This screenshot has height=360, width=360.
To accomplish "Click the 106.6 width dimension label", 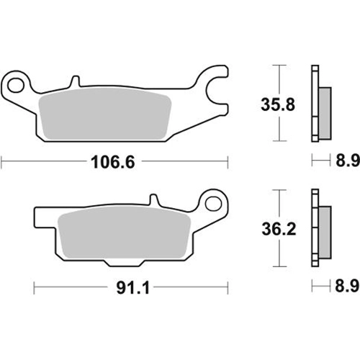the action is click(113, 162).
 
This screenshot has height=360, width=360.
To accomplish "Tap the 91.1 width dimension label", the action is click(133, 288).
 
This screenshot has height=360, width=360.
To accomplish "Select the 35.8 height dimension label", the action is click(278, 104).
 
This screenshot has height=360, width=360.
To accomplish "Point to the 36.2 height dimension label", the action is click(279, 229).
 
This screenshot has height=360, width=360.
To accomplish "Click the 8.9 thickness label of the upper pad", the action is click(348, 161).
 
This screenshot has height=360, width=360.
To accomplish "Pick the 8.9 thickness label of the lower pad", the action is click(347, 286).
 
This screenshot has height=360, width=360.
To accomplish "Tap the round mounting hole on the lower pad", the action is click(213, 204).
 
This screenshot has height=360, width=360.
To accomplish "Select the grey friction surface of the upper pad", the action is click(105, 114).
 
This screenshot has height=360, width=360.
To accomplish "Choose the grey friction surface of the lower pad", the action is click(125, 233).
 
